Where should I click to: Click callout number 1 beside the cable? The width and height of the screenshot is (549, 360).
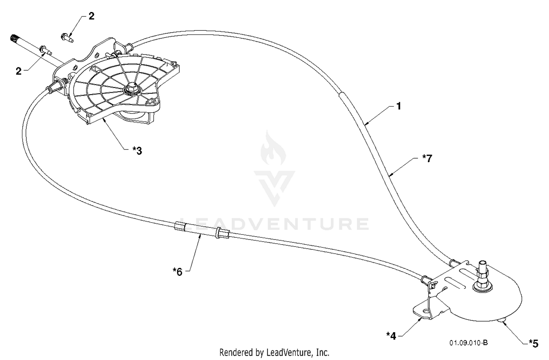coord(399,106)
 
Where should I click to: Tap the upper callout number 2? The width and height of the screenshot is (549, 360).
coord(91,16)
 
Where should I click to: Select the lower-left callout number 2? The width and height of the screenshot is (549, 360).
coord(19,71)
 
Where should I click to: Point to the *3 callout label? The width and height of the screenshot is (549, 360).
coord(137,151)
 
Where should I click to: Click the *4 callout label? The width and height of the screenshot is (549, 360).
coord(391,336)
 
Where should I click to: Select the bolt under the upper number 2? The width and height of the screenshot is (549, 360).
coord(67,38)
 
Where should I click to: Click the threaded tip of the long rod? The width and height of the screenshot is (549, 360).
coord(14,38)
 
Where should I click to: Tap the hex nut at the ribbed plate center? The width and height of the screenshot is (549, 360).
coord(132,89)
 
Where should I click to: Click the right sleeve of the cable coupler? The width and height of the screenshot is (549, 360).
coord(222,233)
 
